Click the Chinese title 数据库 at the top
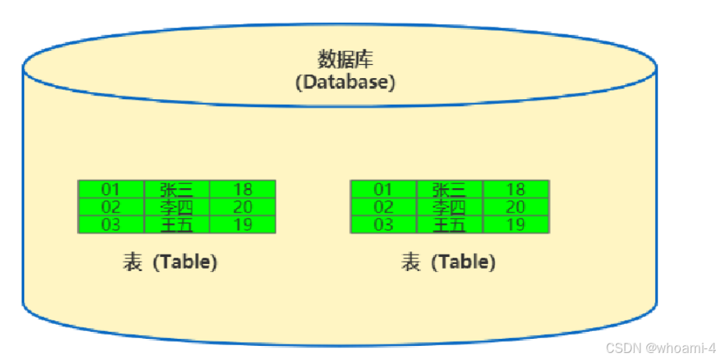pyautogui.click(x=344, y=59)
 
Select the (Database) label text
pyautogui.click(x=344, y=81)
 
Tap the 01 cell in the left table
pyautogui.click(x=111, y=189)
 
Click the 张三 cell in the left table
pyautogui.click(x=176, y=189)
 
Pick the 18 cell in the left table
pyautogui.click(x=243, y=189)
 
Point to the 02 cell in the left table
pyautogui.click(x=111, y=207)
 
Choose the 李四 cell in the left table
pyautogui.click(x=176, y=207)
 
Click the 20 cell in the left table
pyautogui.click(x=243, y=207)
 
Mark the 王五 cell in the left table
pyautogui.click(x=176, y=225)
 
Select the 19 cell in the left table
pyautogui.click(x=243, y=225)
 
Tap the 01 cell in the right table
pyautogui.click(x=383, y=189)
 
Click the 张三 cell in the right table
pyautogui.click(x=449, y=189)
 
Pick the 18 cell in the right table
pyautogui.click(x=515, y=189)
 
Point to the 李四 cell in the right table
pyautogui.click(x=449, y=207)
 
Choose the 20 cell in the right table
pyautogui.click(x=515, y=207)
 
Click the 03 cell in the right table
pyautogui.click(x=383, y=225)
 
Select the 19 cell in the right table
pyautogui.click(x=515, y=225)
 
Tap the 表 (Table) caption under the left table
pyautogui.click(x=169, y=262)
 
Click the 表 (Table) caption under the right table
pyautogui.click(x=448, y=262)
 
